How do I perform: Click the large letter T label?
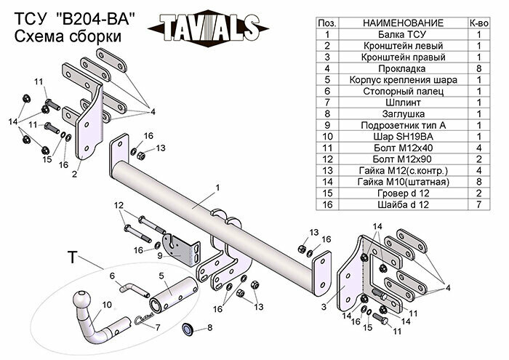pos(72,257)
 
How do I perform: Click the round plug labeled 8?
pos(186,329)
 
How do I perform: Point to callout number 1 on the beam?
pos(217,188)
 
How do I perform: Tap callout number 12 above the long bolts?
pos(119,207)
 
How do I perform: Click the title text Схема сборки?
pos(67,36)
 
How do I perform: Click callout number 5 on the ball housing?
pos(163,277)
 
